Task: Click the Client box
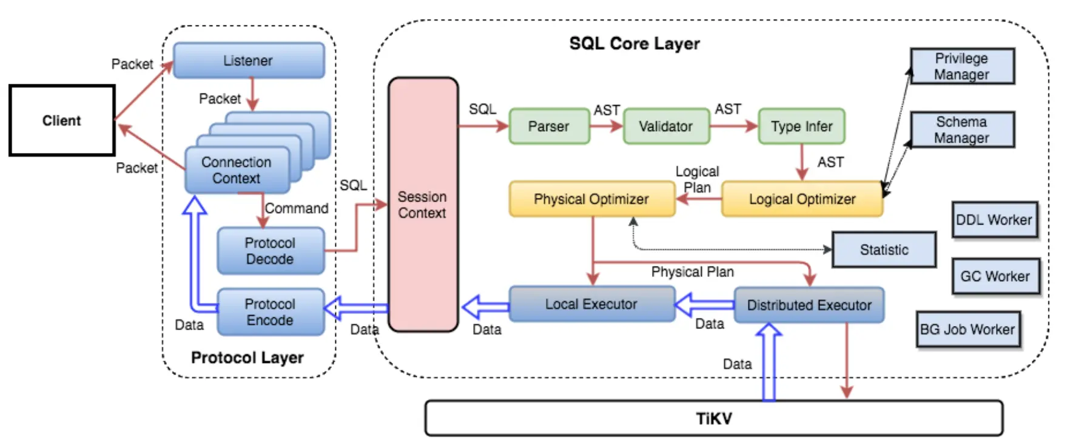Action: [62, 120]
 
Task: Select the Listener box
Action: [249, 61]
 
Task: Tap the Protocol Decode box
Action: [270, 251]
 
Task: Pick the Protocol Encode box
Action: [270, 312]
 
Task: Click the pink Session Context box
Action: [423, 205]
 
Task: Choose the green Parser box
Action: [549, 126]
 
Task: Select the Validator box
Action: [666, 126]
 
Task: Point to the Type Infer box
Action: [801, 126]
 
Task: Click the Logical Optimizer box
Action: [802, 199]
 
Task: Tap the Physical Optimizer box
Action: [591, 199]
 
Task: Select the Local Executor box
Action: [591, 304]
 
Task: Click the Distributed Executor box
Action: [809, 305]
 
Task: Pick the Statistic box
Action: [884, 249]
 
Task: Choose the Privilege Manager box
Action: [962, 66]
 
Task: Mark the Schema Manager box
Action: [962, 129]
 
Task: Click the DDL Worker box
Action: [994, 220]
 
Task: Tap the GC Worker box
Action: [995, 276]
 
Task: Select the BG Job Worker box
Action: [967, 330]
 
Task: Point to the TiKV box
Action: [714, 418]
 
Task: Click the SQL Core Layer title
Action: [634, 44]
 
